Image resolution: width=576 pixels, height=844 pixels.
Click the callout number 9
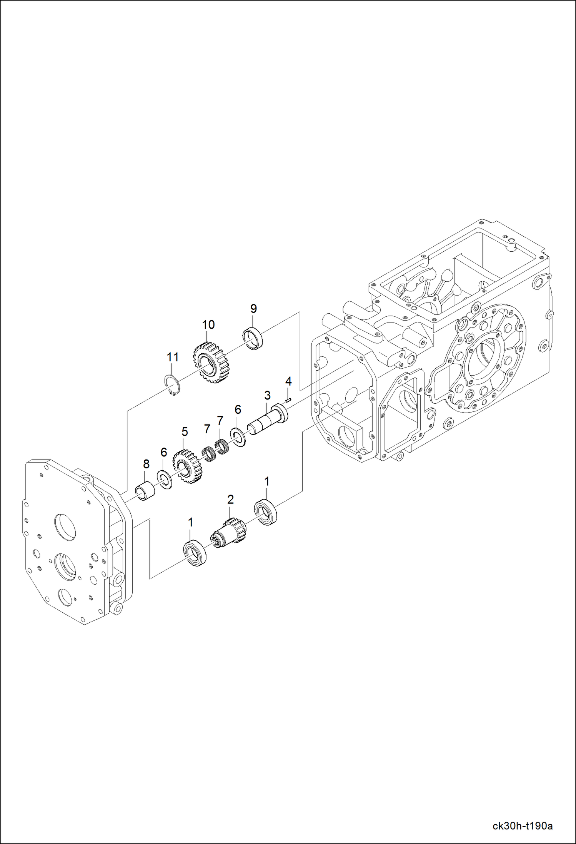pyautogui.click(x=253, y=308)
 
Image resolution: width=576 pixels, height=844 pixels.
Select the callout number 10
pyautogui.click(x=208, y=324)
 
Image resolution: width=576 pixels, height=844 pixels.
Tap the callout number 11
pyautogui.click(x=173, y=357)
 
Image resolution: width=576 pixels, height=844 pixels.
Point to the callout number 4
pyautogui.click(x=288, y=381)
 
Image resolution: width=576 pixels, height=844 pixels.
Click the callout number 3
pyautogui.click(x=267, y=395)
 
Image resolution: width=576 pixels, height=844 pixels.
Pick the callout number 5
pyautogui.click(x=185, y=432)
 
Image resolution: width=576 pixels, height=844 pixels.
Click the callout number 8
pyautogui.click(x=146, y=464)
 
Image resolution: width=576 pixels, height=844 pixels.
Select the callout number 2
pyautogui.click(x=230, y=500)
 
